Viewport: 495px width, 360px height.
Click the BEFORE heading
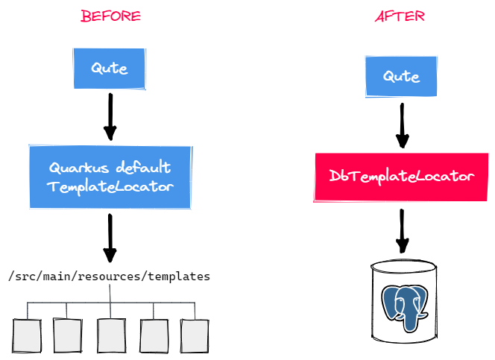(110, 16)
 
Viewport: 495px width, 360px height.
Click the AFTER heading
(400, 16)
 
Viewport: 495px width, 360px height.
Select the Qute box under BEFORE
(110, 69)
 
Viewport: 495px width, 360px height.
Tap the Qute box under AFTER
(401, 76)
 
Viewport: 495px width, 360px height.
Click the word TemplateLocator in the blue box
(110, 186)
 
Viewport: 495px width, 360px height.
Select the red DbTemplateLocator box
(401, 176)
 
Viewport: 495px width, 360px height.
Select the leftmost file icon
(26, 335)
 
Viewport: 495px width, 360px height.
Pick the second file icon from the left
(68, 335)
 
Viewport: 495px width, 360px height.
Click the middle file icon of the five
(111, 335)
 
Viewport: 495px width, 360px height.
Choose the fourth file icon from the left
(154, 335)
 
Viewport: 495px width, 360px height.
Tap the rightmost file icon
(193, 335)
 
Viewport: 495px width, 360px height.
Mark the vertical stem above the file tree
(110, 292)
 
